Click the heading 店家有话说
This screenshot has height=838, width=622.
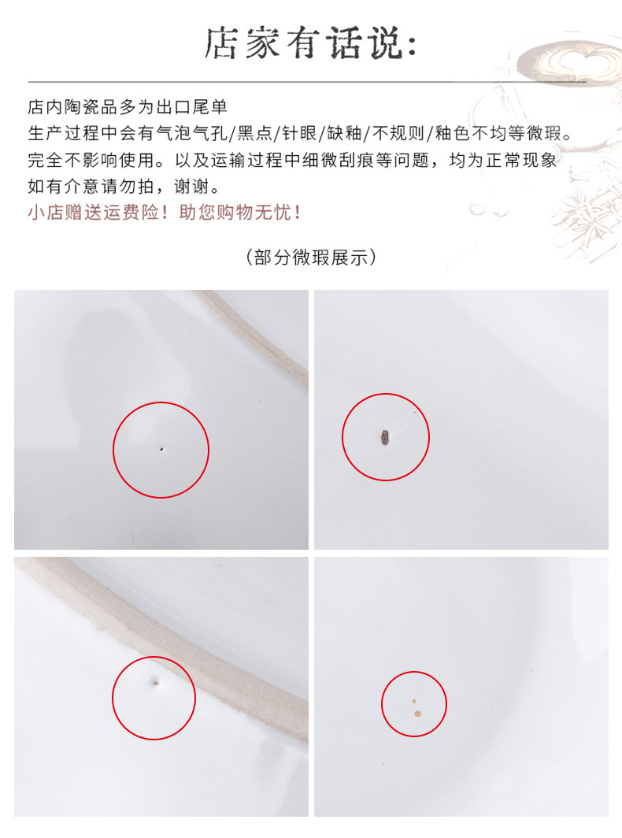coord(310,43)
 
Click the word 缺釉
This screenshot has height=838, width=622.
coord(344,133)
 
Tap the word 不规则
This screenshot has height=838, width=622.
coord(398,133)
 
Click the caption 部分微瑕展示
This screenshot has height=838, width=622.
coord(311,257)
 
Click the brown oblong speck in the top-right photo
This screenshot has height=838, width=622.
coord(385,438)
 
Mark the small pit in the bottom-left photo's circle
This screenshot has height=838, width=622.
coord(155,681)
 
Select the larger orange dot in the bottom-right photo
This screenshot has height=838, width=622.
coord(417,713)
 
